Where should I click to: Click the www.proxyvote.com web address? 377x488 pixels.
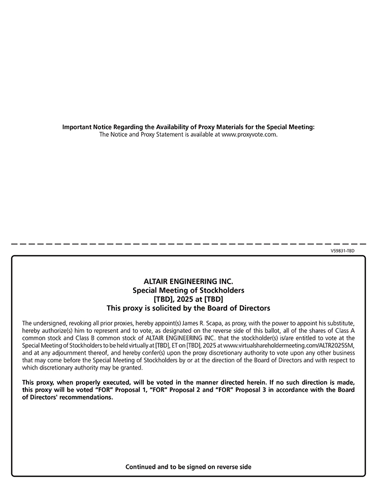(x=249, y=135)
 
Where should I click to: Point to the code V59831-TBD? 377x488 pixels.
(x=342, y=251)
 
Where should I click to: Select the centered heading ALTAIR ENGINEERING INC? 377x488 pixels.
(x=188, y=281)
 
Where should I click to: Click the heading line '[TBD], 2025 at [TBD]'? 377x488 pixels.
(x=188, y=299)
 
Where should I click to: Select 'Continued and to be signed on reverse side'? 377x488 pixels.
(x=188, y=467)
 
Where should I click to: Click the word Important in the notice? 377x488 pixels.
(x=76, y=127)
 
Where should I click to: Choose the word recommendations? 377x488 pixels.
(x=86, y=398)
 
